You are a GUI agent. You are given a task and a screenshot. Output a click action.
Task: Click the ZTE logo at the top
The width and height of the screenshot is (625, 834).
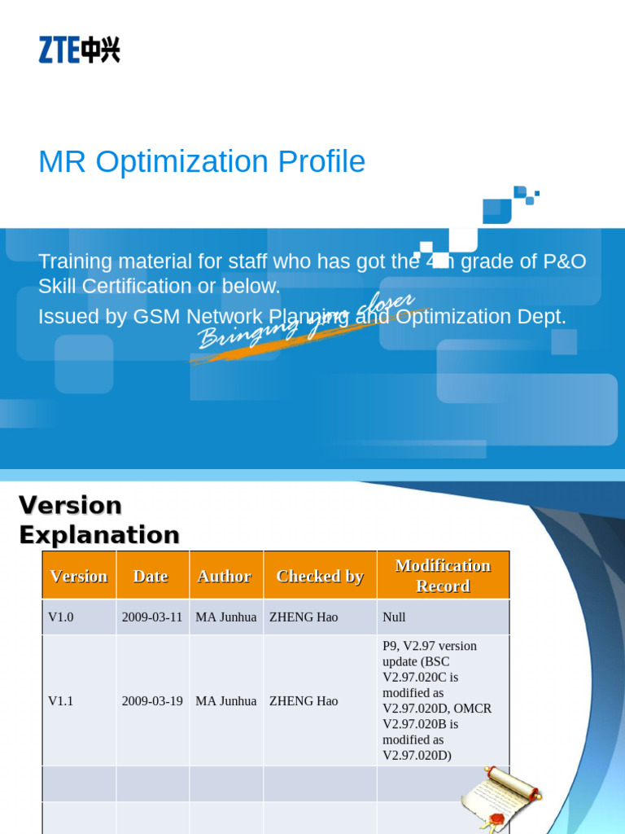79,50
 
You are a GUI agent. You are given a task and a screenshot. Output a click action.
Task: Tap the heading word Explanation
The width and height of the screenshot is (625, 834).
98,535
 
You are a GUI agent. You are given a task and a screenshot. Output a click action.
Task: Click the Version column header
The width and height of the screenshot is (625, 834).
79,576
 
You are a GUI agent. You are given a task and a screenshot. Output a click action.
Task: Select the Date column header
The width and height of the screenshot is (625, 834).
151,576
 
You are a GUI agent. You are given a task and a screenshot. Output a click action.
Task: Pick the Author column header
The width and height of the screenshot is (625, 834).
224,576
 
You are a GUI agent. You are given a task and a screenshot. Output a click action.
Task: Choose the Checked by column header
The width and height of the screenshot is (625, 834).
320,576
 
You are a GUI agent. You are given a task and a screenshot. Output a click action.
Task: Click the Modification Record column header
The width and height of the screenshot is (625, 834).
443,576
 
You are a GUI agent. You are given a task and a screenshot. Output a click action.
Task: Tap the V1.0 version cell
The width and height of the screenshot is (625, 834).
61,617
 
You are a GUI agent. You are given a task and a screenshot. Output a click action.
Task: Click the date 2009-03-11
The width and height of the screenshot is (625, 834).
152,617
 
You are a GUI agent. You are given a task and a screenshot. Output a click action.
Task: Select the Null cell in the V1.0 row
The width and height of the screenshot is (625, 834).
394,617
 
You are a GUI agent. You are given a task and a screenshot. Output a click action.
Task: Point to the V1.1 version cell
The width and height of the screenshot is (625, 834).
61,700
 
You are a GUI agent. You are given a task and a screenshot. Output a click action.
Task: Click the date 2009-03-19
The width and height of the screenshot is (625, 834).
152,700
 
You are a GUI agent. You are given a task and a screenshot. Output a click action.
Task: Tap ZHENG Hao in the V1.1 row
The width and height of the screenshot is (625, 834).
304,700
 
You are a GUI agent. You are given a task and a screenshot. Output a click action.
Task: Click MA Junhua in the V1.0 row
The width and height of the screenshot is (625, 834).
226,617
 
